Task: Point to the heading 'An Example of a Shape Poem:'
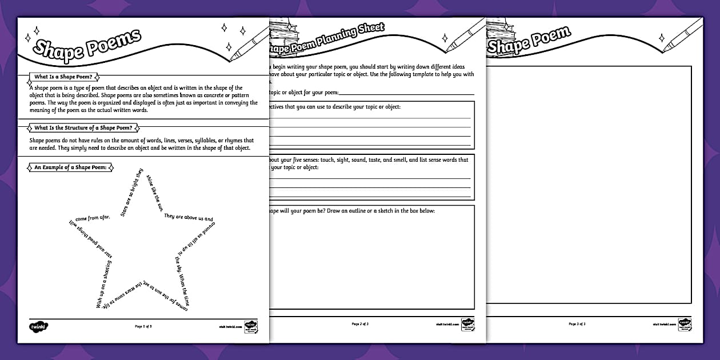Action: pyautogui.click(x=71, y=167)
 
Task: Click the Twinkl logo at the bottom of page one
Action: pyautogui.click(x=38, y=326)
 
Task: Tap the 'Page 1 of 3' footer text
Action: pyautogui.click(x=143, y=326)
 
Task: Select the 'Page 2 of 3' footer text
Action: pyautogui.click(x=360, y=324)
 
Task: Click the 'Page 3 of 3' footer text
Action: pyautogui.click(x=577, y=324)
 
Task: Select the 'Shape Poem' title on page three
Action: pyautogui.click(x=529, y=40)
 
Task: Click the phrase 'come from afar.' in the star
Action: pyautogui.click(x=93, y=217)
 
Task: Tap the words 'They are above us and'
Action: pyautogui.click(x=189, y=217)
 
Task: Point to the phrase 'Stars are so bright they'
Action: pyautogui.click(x=131, y=192)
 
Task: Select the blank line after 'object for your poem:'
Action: pyautogui.click(x=406, y=93)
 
